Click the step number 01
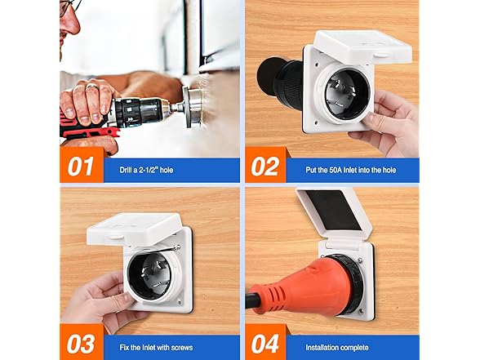click(x=80, y=167)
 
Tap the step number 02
click(x=265, y=167)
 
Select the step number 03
click(x=81, y=344)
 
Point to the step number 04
click(x=265, y=344)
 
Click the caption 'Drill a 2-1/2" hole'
click(x=146, y=170)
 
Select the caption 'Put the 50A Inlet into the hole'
click(x=351, y=170)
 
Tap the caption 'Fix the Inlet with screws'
click(x=156, y=348)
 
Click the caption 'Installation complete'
click(x=336, y=348)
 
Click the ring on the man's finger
click(x=91, y=86)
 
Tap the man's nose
click(x=72, y=23)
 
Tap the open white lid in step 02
click(x=362, y=47)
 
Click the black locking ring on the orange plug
click(x=349, y=282)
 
